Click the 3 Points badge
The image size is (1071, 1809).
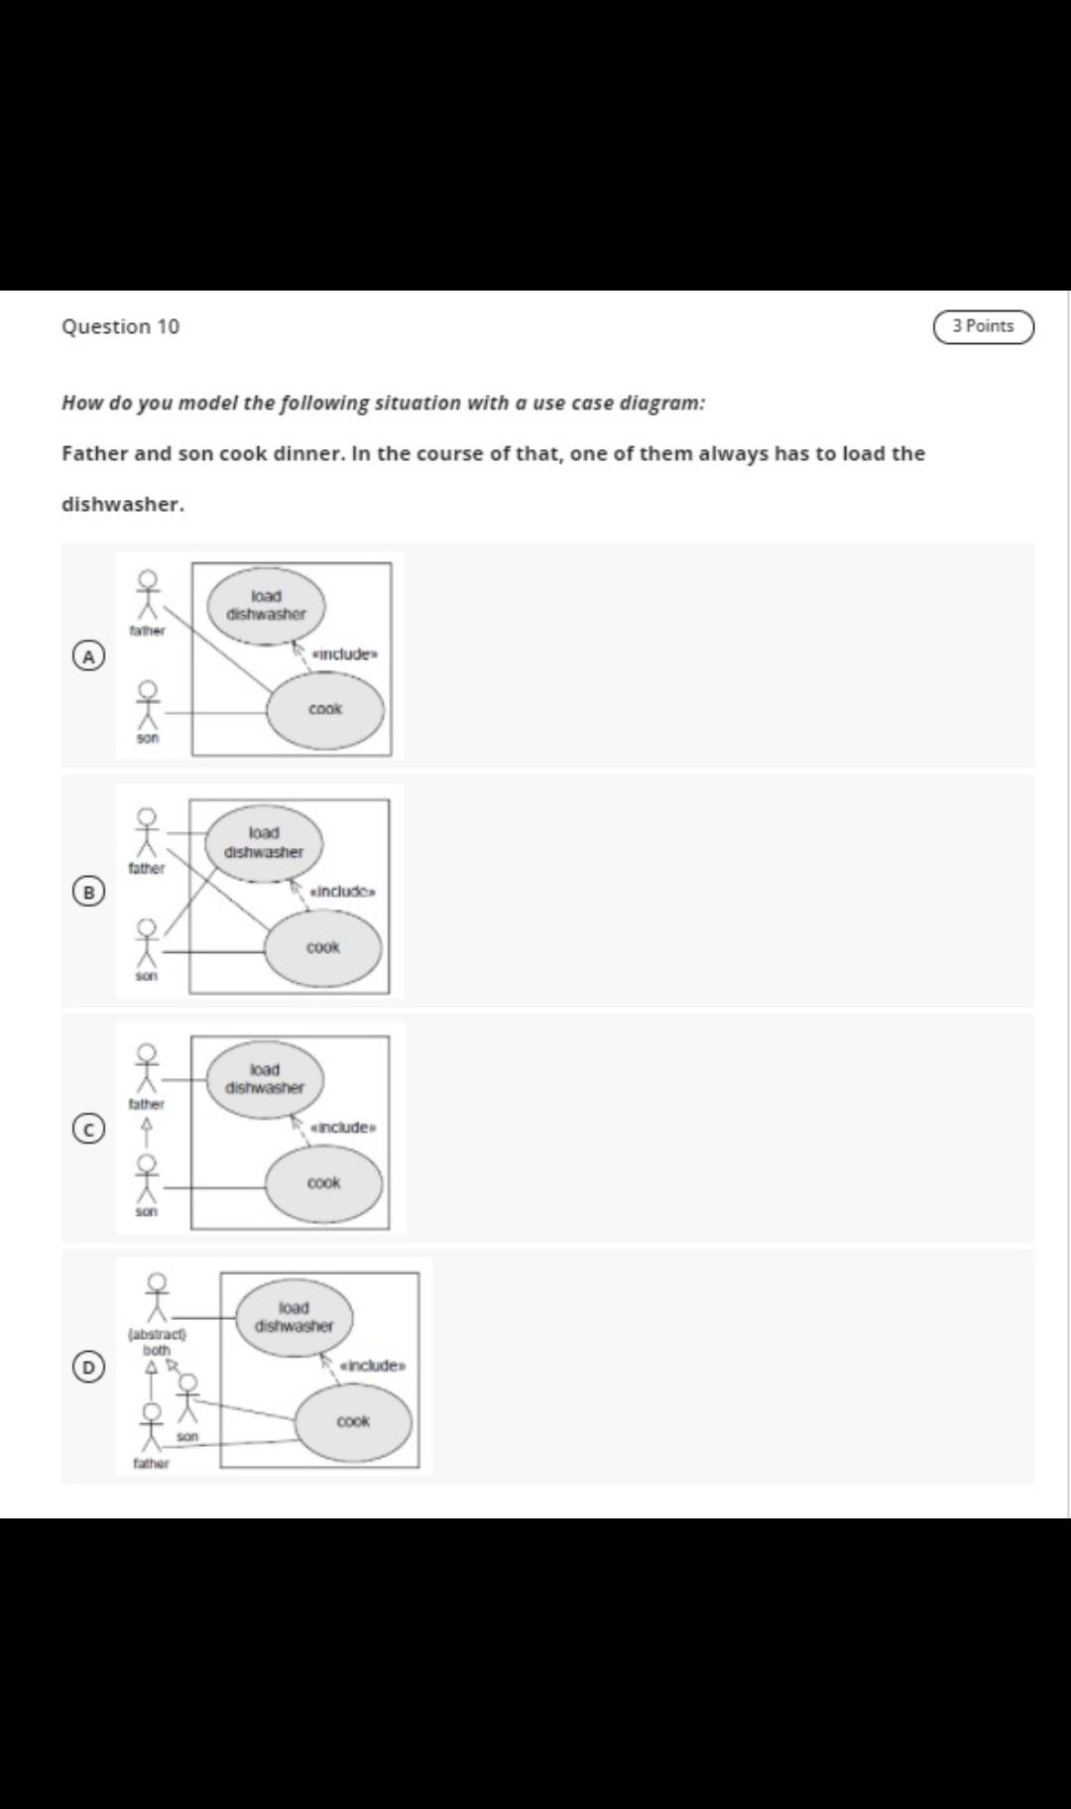pyautogui.click(x=983, y=326)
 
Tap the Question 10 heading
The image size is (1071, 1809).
pyautogui.click(x=120, y=326)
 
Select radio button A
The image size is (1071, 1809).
pyautogui.click(x=89, y=656)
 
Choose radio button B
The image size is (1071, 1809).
pyautogui.click(x=89, y=892)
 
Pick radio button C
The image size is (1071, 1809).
pyautogui.click(x=89, y=1129)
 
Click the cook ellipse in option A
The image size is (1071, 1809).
pyautogui.click(x=325, y=709)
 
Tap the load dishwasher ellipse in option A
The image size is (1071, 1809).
pyautogui.click(x=266, y=605)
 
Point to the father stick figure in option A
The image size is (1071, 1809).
pyautogui.click(x=148, y=594)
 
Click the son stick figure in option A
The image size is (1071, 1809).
pyautogui.click(x=148, y=705)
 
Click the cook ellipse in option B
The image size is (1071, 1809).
pyautogui.click(x=323, y=947)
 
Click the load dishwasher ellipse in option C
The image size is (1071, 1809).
pyautogui.click(x=265, y=1079)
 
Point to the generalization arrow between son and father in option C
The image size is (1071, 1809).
pyautogui.click(x=147, y=1133)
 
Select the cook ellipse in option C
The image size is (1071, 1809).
pyautogui.click(x=323, y=1183)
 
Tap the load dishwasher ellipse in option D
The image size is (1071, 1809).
pyautogui.click(x=294, y=1317)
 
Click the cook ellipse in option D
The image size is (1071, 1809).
pyautogui.click(x=353, y=1421)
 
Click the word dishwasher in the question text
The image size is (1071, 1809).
pyautogui.click(x=122, y=504)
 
